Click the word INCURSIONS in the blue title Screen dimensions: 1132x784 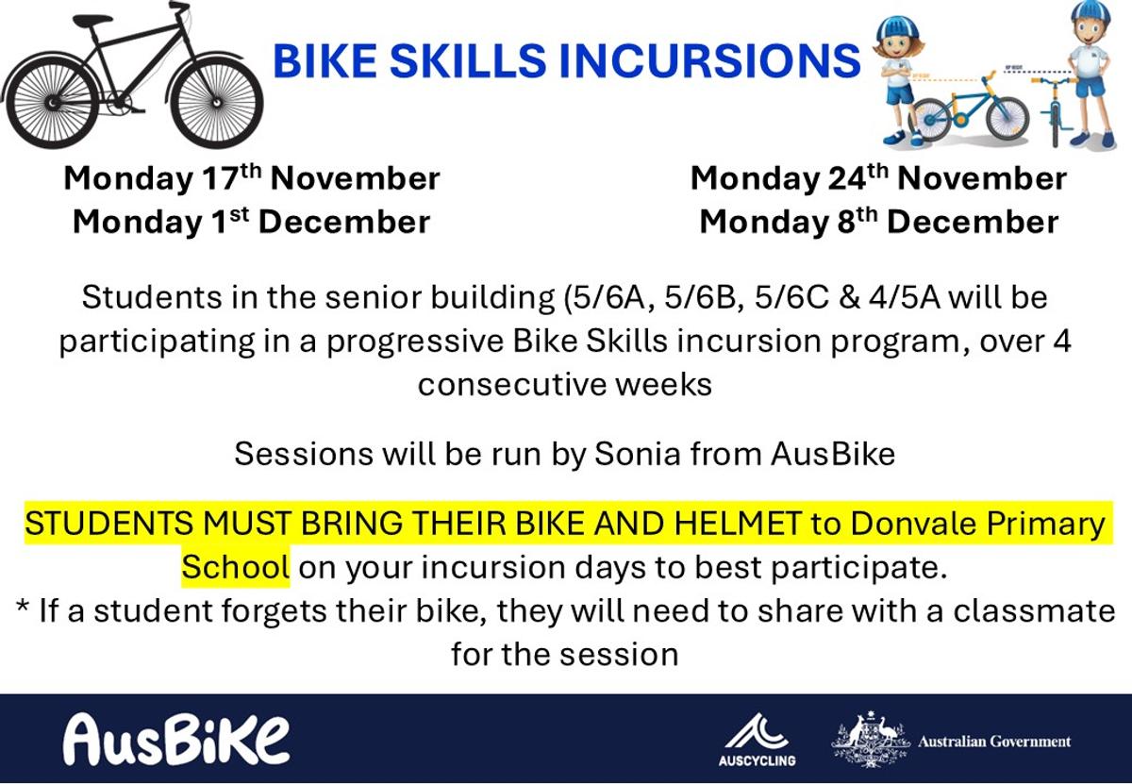pos(709,60)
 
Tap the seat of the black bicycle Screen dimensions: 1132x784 pos(92,21)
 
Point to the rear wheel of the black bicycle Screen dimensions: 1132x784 pos(51,104)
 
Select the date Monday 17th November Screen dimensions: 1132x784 pos(252,177)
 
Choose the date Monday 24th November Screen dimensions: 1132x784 pos(878,177)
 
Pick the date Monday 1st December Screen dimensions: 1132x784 pos(251,222)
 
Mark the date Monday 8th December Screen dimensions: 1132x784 pos(879,222)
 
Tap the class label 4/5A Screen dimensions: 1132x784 pos(904,297)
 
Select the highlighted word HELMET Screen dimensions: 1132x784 pos(738,524)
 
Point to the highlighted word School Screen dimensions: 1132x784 pos(236,567)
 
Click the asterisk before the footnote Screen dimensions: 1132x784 pos(23,606)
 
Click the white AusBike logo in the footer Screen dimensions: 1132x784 pos(176,740)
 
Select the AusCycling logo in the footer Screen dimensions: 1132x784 pos(757,739)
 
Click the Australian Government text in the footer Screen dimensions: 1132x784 pos(994,742)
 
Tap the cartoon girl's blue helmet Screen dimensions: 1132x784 pos(899,27)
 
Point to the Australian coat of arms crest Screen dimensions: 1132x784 pos(870,739)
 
